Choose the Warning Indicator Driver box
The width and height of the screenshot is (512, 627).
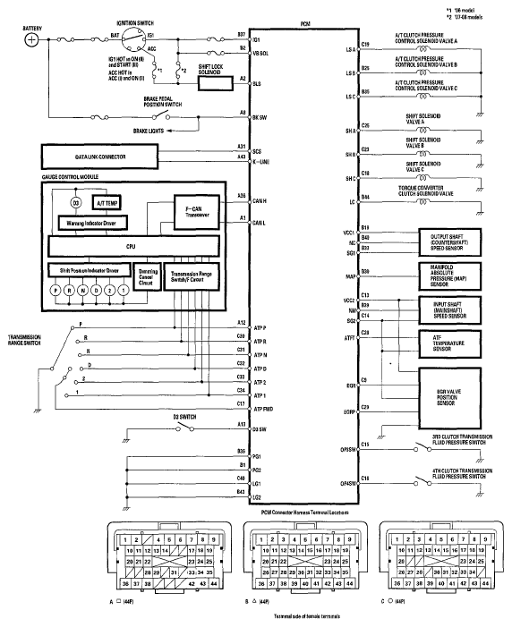[x=92, y=221]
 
